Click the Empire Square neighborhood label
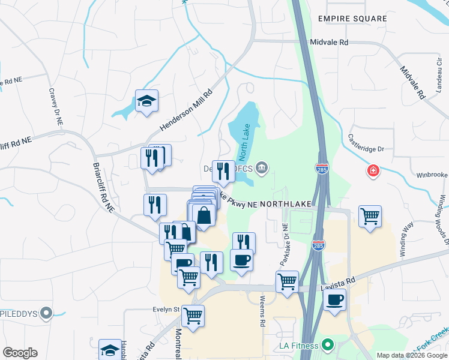tap(352, 19)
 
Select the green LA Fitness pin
tap(327, 346)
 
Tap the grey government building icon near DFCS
tap(262, 167)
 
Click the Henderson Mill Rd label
tap(187, 110)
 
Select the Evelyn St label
tap(165, 310)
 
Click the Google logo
tap(20, 353)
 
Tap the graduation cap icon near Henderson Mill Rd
tap(146, 101)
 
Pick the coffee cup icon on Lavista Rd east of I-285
tap(335, 299)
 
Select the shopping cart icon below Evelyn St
tap(193, 315)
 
